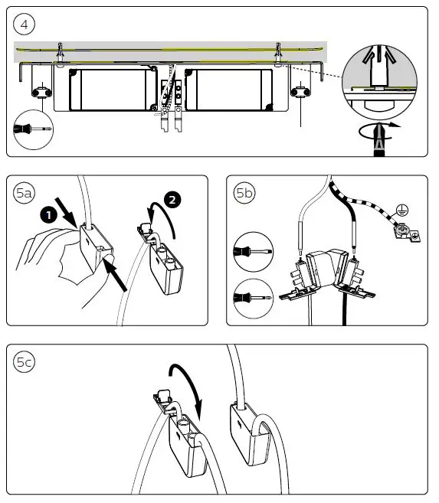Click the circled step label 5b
[x=245, y=194]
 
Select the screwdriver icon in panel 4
[x=30, y=131]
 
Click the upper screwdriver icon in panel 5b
[x=252, y=251]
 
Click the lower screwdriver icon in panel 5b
[x=252, y=294]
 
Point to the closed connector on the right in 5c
[x=248, y=432]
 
